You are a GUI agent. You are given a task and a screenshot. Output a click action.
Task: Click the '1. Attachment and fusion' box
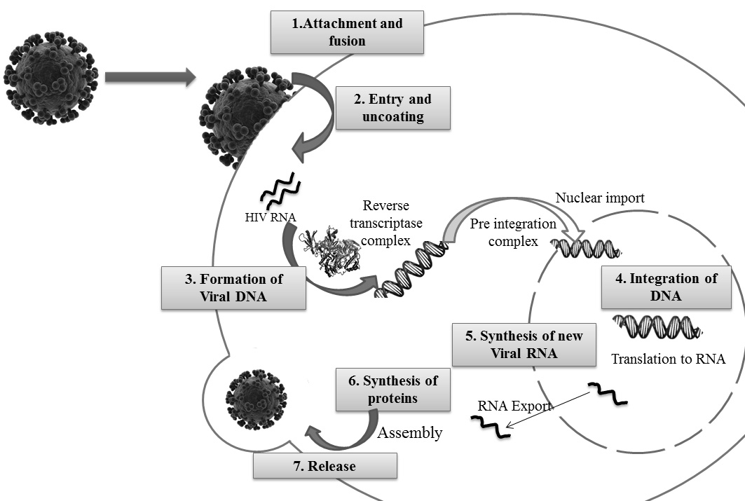(x=348, y=32)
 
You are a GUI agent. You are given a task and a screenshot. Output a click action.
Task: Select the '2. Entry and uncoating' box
(x=392, y=108)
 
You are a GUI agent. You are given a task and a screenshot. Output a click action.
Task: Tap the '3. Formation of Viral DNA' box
(x=233, y=287)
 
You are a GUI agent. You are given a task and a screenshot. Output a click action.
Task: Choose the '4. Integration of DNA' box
(x=666, y=287)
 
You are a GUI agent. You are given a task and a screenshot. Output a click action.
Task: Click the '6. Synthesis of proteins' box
(x=392, y=390)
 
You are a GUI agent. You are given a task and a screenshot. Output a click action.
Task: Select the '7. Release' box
(x=324, y=466)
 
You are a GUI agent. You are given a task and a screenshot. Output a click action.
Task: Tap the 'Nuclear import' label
(x=601, y=198)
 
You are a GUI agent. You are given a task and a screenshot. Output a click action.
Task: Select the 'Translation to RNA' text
(x=668, y=359)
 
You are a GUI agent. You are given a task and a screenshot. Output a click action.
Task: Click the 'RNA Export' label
(x=514, y=405)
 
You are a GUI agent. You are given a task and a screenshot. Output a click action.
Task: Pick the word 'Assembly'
(x=410, y=432)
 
